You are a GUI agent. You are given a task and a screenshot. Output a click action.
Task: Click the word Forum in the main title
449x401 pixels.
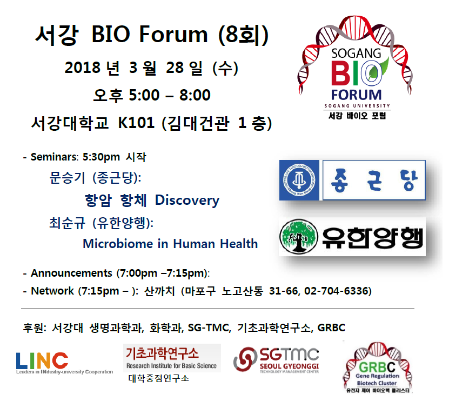pyautogui.click(x=173, y=35)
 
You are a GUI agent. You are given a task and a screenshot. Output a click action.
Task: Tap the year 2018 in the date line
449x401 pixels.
pyautogui.click(x=83, y=68)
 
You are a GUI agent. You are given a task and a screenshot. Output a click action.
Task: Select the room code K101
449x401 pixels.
pyautogui.click(x=136, y=123)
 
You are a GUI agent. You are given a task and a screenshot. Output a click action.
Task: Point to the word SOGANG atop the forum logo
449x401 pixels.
pyautogui.click(x=356, y=54)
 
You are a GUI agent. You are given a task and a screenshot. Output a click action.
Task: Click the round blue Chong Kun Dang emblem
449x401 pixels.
pyautogui.click(x=299, y=180)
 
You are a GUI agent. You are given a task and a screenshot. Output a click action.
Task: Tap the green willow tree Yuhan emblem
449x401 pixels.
pyautogui.click(x=299, y=236)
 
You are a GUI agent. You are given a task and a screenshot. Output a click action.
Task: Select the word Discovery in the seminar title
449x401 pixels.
pyautogui.click(x=187, y=200)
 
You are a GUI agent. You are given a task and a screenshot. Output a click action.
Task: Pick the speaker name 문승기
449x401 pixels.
pyautogui.click(x=68, y=178)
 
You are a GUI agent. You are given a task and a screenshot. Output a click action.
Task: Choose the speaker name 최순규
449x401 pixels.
pyautogui.click(x=68, y=223)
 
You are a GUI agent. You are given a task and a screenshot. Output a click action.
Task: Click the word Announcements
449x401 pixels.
pyautogui.click(x=71, y=273)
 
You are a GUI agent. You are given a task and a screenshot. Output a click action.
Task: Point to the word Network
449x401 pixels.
pyautogui.click(x=52, y=291)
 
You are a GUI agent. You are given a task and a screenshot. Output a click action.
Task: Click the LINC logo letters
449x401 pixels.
pyautogui.click(x=42, y=360)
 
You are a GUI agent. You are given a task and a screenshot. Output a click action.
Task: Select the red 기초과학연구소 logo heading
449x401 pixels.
pyautogui.click(x=162, y=353)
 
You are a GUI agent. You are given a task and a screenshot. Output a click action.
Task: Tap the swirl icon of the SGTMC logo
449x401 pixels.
pyautogui.click(x=245, y=359)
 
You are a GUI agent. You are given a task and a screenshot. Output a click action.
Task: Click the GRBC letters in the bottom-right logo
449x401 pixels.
pyautogui.click(x=377, y=367)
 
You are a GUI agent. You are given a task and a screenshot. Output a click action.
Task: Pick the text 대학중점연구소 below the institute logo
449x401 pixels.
pyautogui.click(x=159, y=378)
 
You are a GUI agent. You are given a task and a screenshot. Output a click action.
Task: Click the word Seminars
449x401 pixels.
pyautogui.click(x=54, y=157)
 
